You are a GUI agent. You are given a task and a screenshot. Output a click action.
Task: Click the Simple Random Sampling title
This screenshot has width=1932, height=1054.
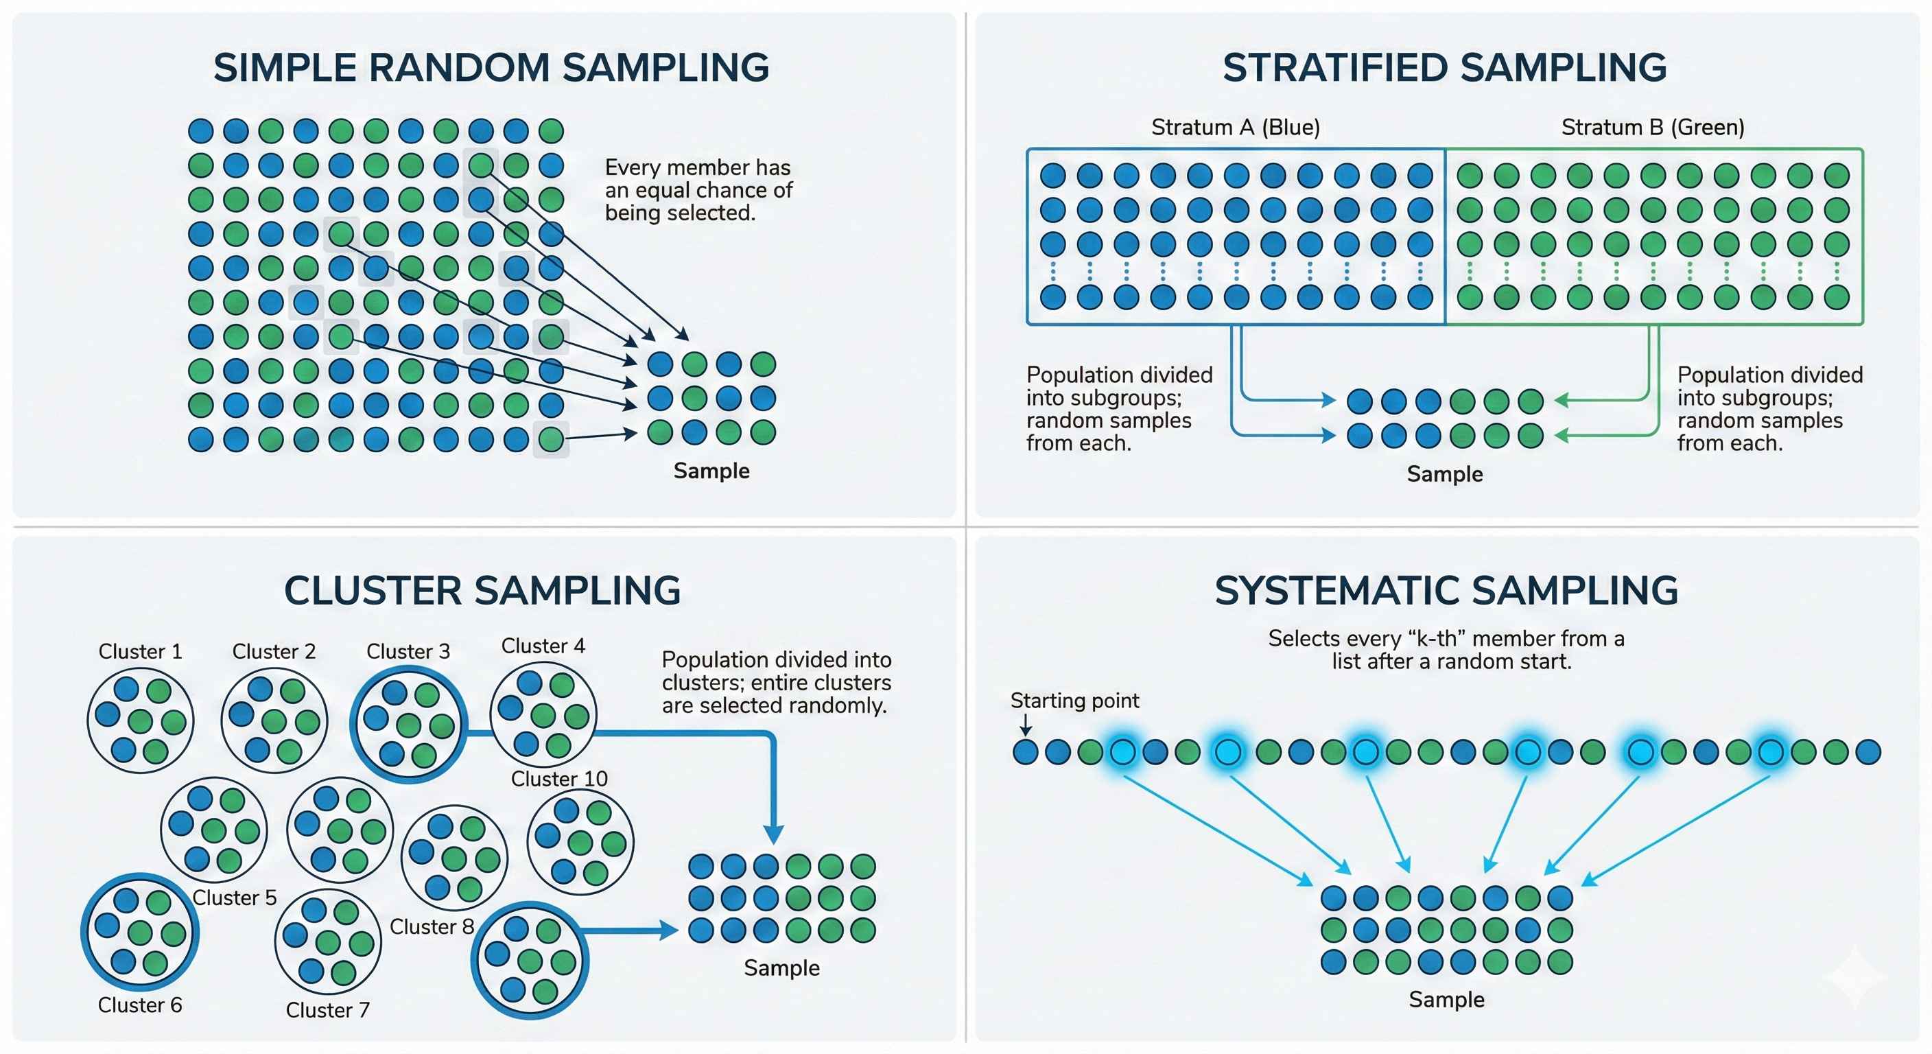click(x=491, y=67)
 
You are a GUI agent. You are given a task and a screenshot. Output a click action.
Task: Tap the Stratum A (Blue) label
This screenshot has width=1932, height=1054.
click(x=1235, y=128)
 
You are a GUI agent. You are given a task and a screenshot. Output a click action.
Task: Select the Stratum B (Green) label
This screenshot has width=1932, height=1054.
click(x=1653, y=128)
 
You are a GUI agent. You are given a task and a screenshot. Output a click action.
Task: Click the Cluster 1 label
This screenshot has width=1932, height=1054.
click(x=140, y=651)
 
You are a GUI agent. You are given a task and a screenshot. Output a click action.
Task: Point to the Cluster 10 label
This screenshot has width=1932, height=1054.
click(x=558, y=779)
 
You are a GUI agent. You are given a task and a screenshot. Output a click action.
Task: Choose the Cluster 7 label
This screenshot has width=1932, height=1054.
click(x=328, y=1009)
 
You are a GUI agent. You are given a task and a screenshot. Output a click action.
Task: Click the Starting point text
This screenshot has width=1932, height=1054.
click(x=1074, y=701)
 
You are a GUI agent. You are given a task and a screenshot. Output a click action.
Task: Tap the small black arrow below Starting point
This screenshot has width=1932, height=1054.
click(x=1025, y=725)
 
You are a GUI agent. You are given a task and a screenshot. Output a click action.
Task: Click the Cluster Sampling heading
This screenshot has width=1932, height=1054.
click(x=482, y=590)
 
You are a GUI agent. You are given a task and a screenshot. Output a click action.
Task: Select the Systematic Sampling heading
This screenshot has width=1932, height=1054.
click(x=1446, y=590)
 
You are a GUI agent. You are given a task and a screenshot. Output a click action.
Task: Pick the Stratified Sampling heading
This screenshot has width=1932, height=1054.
click(x=1444, y=67)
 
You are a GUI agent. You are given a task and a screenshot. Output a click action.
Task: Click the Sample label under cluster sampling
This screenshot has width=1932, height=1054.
click(x=781, y=968)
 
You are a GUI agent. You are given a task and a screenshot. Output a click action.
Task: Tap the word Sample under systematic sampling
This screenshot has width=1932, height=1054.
click(x=1446, y=999)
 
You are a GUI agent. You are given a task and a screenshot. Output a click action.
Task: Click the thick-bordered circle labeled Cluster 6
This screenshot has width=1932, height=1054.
click(x=139, y=933)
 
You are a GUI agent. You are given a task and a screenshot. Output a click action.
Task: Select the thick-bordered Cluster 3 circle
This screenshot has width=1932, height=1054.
click(x=409, y=725)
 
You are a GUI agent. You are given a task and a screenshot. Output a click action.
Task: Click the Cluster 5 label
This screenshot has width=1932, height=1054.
click(x=234, y=898)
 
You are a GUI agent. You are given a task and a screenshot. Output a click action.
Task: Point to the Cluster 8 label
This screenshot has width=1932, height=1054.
click(x=432, y=926)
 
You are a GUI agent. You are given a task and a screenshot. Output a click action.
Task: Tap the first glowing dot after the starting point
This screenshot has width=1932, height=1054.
click(x=1122, y=751)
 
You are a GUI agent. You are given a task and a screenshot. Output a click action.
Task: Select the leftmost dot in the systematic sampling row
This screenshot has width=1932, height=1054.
click(x=1025, y=751)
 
